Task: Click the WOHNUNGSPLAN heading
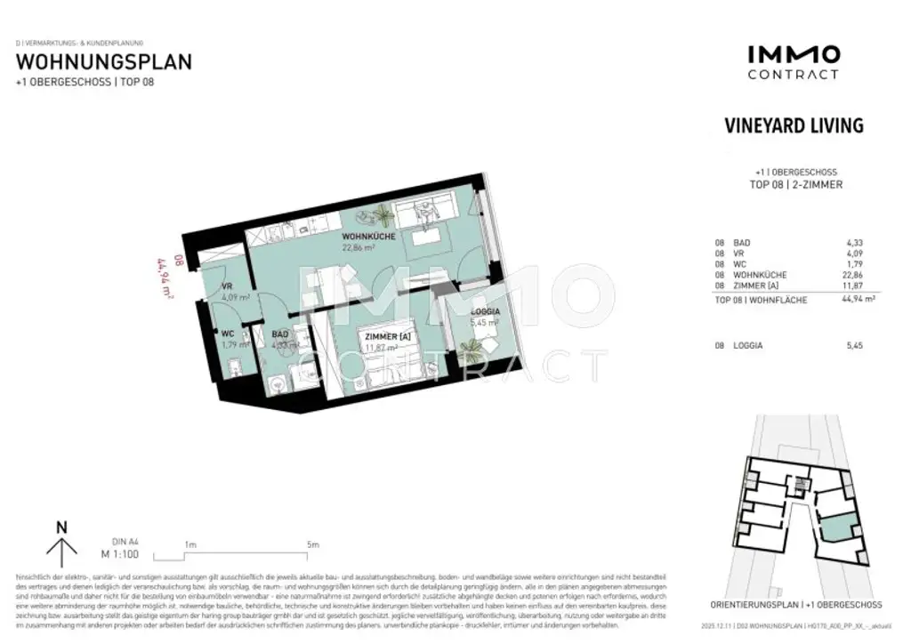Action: [x=104, y=62]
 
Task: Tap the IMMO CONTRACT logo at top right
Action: [x=793, y=62]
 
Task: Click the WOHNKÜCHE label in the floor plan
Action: [x=370, y=237]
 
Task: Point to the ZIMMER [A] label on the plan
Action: [x=385, y=335]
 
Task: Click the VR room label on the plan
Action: [x=228, y=286]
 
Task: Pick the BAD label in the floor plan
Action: [x=279, y=334]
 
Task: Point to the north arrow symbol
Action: [x=61, y=543]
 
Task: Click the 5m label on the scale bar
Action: [x=311, y=543]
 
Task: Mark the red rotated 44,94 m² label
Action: [x=165, y=277]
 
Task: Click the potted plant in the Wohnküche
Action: [x=383, y=213]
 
